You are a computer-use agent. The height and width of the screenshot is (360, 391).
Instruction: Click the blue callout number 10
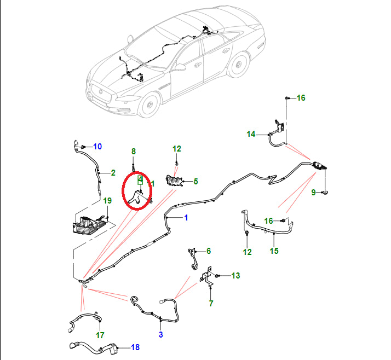(x=97, y=147)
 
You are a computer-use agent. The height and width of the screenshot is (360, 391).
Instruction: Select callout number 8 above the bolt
(x=133, y=152)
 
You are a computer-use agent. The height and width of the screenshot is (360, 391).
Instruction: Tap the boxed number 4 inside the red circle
(x=140, y=179)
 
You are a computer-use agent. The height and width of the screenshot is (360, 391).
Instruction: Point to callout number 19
(x=107, y=201)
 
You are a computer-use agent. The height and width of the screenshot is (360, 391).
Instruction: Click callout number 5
(x=196, y=181)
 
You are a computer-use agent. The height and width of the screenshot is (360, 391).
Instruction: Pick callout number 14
(x=208, y=251)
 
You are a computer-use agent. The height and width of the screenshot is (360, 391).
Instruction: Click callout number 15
(x=274, y=251)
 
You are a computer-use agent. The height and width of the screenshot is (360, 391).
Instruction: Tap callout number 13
(x=235, y=276)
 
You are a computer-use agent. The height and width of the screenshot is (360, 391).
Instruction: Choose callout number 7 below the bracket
(x=211, y=303)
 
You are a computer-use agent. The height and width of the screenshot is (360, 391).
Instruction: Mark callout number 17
(x=100, y=335)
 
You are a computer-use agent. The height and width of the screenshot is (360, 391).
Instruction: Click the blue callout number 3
(x=161, y=335)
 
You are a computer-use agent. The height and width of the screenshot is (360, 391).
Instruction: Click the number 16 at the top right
(x=301, y=98)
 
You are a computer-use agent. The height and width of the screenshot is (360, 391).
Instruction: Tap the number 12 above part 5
(x=176, y=149)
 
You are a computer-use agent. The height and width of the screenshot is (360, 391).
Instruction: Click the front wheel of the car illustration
(x=148, y=106)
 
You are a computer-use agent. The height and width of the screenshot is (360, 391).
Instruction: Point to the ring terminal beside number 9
(x=326, y=193)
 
